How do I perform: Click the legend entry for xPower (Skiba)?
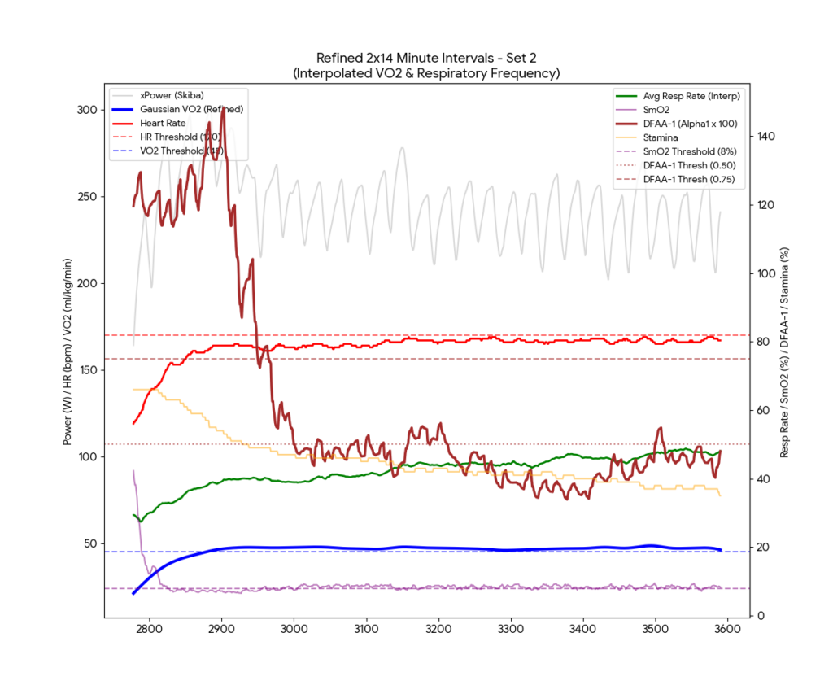[172, 95]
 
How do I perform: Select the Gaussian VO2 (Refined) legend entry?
[191, 109]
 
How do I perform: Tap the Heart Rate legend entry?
[164, 123]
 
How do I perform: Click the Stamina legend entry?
[660, 137]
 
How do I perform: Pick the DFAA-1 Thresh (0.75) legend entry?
[693, 178]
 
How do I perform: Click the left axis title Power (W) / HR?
[68, 350]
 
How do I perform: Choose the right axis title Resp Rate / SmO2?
[785, 350]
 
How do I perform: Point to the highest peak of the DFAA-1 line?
[211, 123]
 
